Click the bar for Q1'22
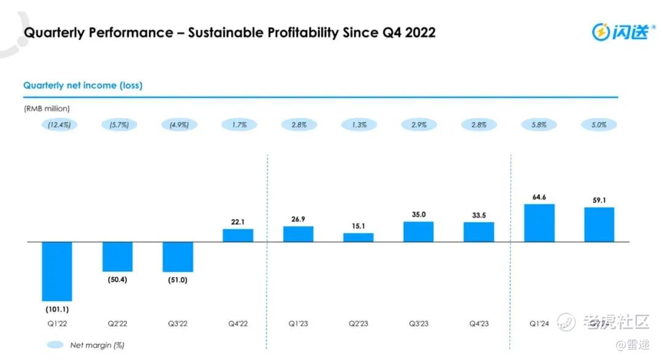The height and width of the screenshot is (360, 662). [57, 271]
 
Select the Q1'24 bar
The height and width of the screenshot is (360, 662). [539, 223]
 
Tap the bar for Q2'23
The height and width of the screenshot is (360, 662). [359, 237]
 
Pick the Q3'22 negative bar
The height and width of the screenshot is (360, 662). [178, 257]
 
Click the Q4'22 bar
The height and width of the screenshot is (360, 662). [238, 236]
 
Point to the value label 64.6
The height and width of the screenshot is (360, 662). [539, 197]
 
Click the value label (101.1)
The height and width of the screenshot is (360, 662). [56, 309]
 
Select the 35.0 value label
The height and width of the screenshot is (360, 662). [419, 215]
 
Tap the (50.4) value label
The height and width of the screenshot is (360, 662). [117, 280]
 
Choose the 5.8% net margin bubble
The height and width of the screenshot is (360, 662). [539, 124]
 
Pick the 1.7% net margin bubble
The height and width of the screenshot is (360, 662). [238, 124]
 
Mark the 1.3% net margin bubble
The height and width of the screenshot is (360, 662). [359, 124]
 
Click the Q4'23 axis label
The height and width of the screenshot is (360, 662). [479, 323]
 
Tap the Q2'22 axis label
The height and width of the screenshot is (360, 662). [117, 323]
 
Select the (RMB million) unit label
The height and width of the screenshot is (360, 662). [47, 109]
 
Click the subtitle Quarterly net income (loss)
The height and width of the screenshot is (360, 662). [83, 85]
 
